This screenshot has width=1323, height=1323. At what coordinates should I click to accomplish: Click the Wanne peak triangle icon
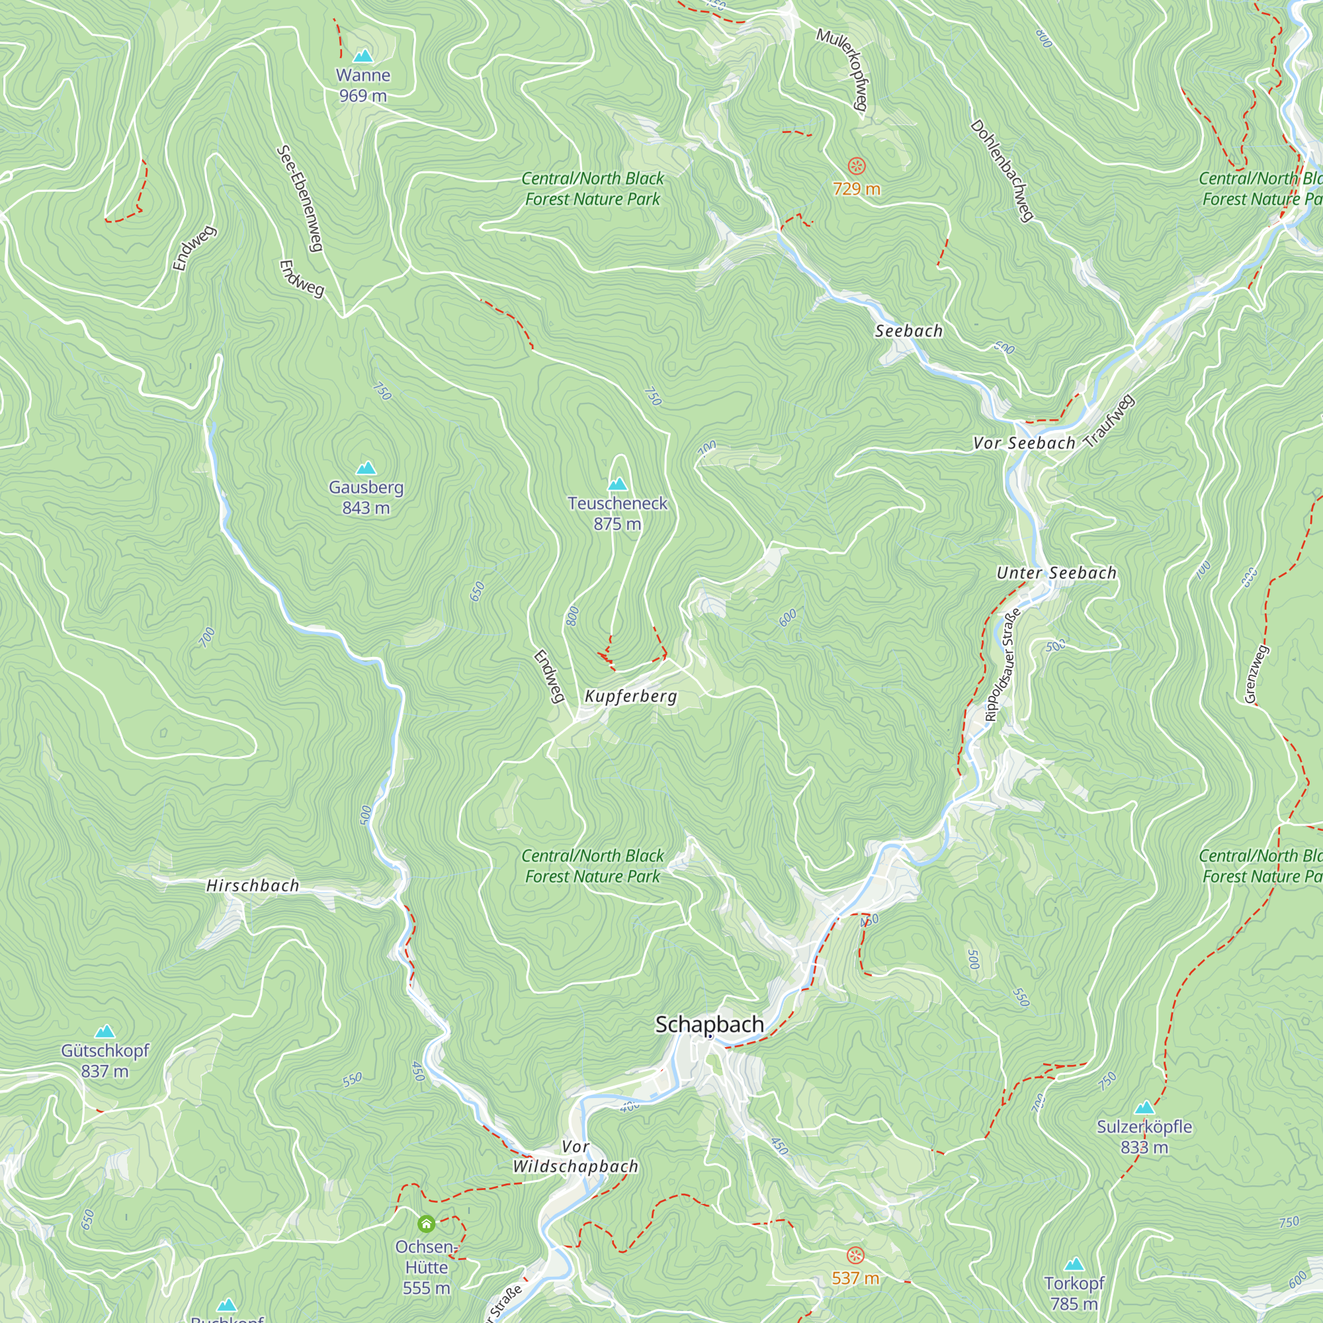click(x=363, y=56)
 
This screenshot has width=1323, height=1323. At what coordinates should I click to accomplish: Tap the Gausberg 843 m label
click(x=366, y=497)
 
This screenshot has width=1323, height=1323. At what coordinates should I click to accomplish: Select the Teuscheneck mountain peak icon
click(x=617, y=484)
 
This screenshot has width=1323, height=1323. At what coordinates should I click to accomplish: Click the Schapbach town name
click(x=709, y=1025)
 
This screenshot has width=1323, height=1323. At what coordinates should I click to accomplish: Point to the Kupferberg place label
click(x=630, y=697)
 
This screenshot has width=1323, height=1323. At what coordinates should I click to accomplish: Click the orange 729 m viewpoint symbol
click(x=857, y=166)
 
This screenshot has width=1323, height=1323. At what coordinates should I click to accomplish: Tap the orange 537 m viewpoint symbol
click(x=855, y=1256)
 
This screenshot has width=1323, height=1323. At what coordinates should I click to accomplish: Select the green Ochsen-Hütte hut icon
click(x=426, y=1224)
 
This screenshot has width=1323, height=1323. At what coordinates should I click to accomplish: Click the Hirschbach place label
click(x=253, y=886)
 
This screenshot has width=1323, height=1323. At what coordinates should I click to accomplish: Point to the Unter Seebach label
click(x=1056, y=573)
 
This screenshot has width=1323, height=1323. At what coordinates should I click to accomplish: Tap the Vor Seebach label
click(x=1024, y=443)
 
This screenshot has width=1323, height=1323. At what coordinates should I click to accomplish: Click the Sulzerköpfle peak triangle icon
click(x=1144, y=1108)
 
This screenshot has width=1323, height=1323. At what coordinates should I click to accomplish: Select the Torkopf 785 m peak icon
click(x=1074, y=1264)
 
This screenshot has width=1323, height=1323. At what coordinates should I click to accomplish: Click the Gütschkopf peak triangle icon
click(x=105, y=1031)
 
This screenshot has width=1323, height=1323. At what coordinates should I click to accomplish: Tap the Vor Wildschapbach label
click(x=576, y=1156)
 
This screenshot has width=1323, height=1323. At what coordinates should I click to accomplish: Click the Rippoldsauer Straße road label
click(x=1002, y=665)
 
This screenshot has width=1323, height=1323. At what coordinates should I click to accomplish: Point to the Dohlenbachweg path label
click(x=1001, y=171)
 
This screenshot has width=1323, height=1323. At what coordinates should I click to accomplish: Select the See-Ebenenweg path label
click(x=299, y=198)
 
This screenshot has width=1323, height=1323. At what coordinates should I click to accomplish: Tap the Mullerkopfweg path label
click(x=843, y=69)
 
